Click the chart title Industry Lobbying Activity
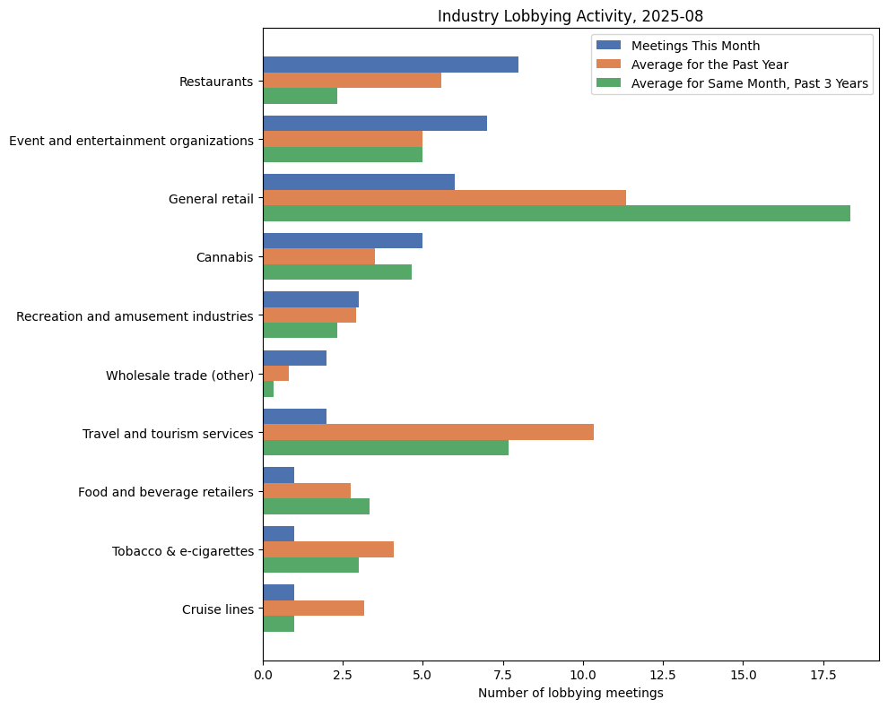click(570, 15)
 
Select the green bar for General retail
click(556, 213)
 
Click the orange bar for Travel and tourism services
click(428, 432)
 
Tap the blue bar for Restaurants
click(390, 65)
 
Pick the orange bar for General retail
click(444, 198)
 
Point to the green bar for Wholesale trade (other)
click(268, 389)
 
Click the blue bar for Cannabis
click(343, 241)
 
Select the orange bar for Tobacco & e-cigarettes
click(328, 549)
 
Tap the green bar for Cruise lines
click(278, 624)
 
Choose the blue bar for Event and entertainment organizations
click(375, 123)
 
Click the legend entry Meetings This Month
click(695, 46)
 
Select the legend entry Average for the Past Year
click(710, 65)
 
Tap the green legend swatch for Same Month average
click(610, 84)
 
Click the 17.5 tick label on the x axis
click(823, 674)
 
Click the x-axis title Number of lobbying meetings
click(570, 693)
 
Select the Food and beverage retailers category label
click(165, 492)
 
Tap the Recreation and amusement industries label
click(135, 315)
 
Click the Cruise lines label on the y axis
click(217, 609)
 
